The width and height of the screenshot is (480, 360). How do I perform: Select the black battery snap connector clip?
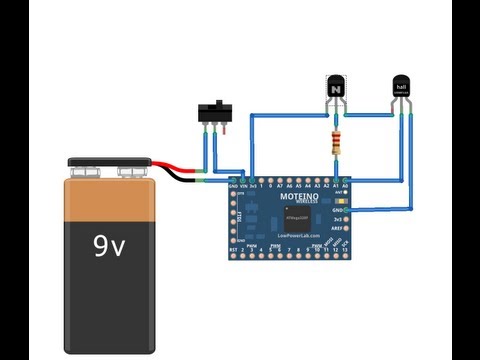110,165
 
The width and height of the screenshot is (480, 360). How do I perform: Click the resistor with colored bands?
333,139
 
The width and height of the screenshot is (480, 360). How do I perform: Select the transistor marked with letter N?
335,89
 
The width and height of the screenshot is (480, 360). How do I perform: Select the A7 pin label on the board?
278,186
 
